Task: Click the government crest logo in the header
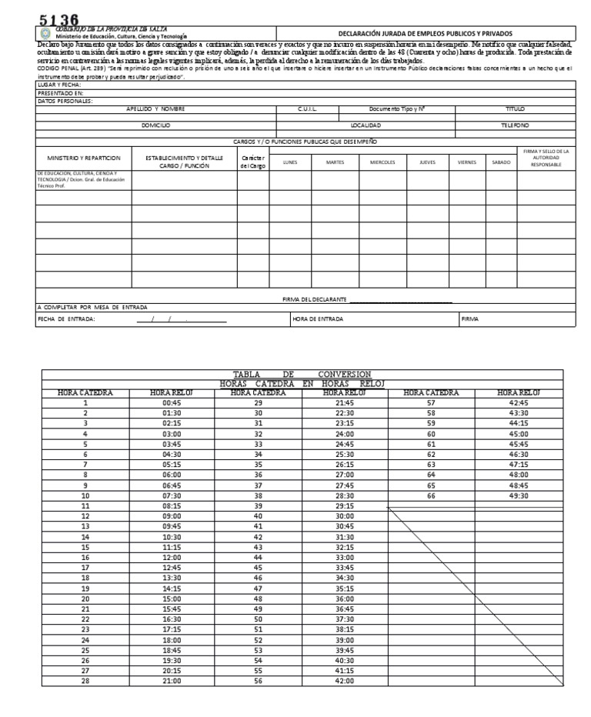44,35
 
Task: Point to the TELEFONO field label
515,124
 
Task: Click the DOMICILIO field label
155,124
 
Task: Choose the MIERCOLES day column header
382,162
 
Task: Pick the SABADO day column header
500,162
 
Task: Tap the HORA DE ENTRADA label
318,318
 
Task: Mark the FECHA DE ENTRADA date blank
182,318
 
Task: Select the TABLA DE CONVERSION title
302,374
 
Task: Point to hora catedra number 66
431,497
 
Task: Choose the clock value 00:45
172,402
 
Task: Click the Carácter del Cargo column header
252,162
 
